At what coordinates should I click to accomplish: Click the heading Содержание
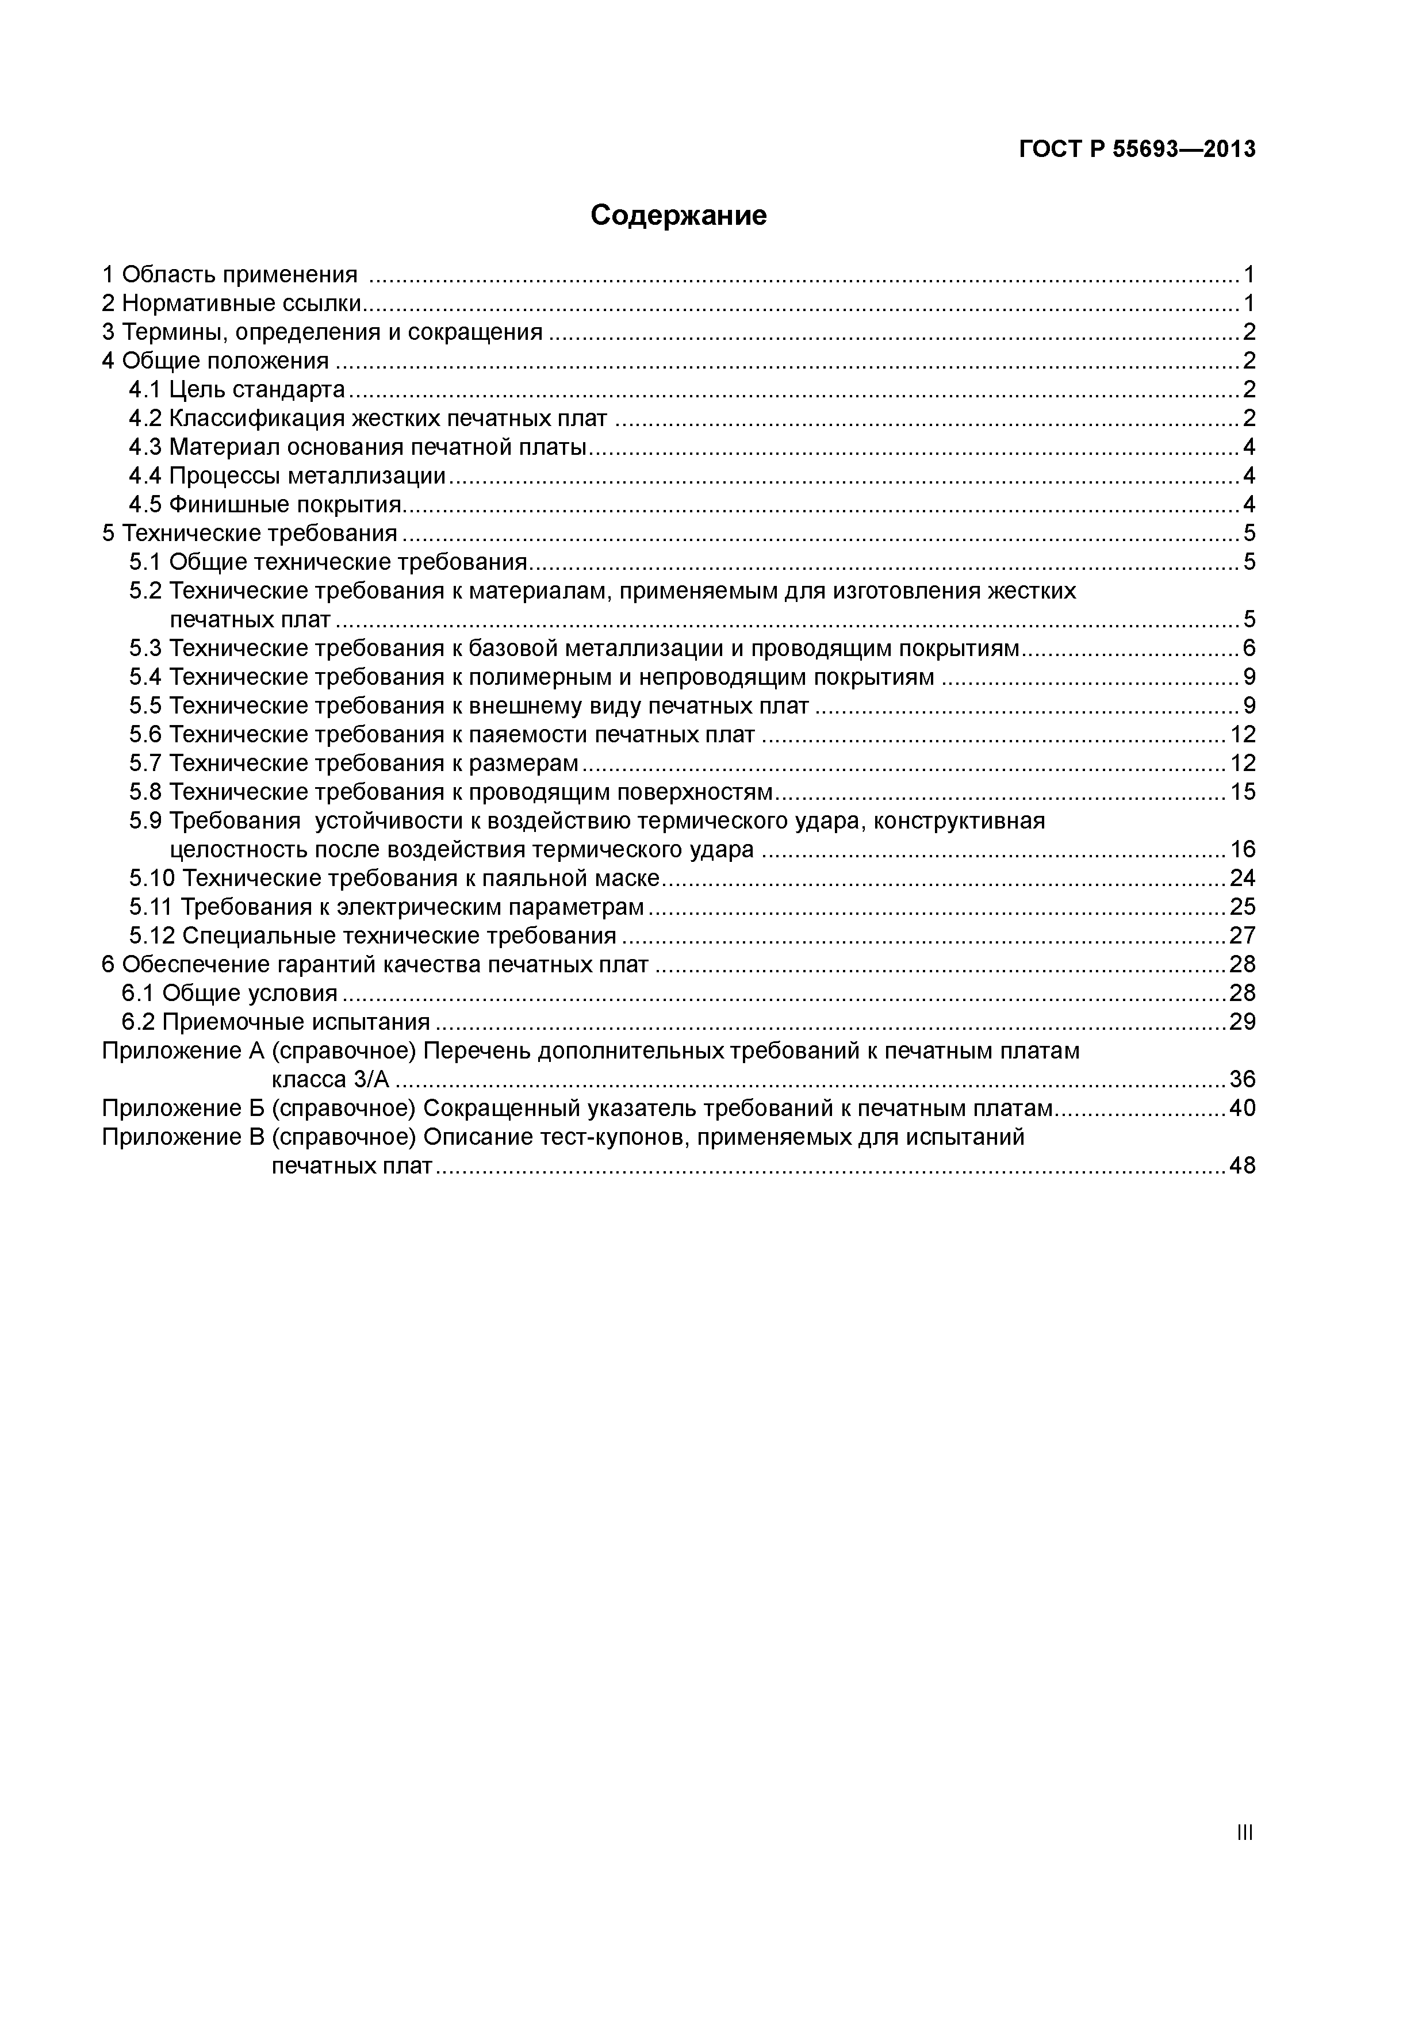click(x=678, y=215)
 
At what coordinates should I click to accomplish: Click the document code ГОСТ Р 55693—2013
click(x=1137, y=149)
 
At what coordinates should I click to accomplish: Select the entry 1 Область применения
click(x=230, y=275)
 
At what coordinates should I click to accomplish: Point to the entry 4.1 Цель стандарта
click(x=237, y=389)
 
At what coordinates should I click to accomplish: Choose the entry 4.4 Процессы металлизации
click(x=287, y=476)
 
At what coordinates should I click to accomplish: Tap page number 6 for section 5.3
click(x=1248, y=649)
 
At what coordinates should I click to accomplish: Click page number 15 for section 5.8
click(x=1243, y=792)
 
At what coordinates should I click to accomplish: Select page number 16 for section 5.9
click(x=1243, y=849)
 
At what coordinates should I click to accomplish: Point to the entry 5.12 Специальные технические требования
click(x=373, y=935)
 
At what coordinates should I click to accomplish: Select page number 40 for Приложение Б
click(x=1243, y=1109)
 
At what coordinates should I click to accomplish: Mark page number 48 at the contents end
click(x=1243, y=1165)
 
